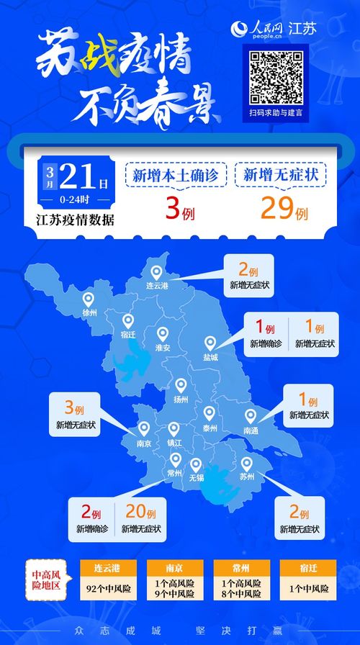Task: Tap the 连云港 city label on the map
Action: (156, 286)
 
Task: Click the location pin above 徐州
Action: (89, 299)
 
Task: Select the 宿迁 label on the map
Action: (128, 335)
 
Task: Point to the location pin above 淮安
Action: (163, 333)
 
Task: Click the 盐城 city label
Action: (210, 357)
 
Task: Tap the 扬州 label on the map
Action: (180, 399)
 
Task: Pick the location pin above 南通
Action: (251, 416)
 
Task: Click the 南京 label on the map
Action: (144, 443)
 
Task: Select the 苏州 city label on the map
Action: (247, 477)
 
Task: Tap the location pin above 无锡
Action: (196, 465)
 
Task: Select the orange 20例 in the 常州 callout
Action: (141, 513)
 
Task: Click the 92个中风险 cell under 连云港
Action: (107, 589)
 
